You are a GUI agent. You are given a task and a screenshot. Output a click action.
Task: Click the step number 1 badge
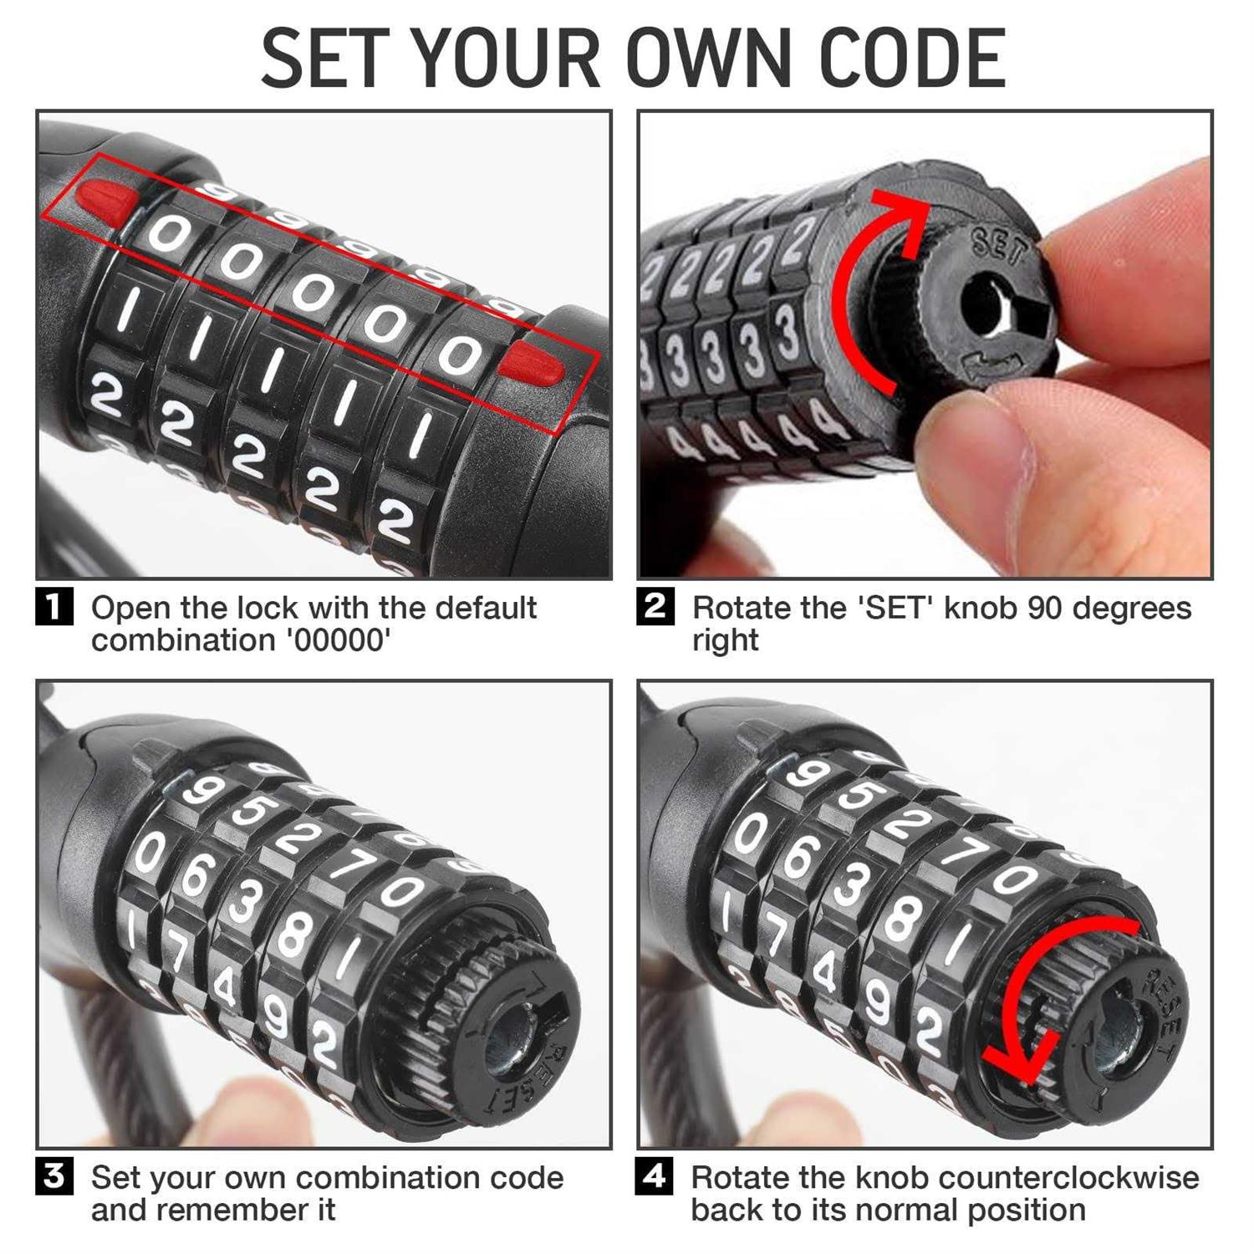[54, 607]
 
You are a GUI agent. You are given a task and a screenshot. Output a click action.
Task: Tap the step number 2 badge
[655, 607]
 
